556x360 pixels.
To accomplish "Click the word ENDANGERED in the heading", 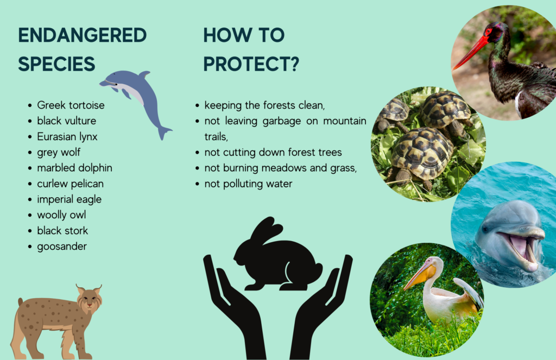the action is pos(83,35).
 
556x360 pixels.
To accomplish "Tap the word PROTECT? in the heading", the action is pos(251,64).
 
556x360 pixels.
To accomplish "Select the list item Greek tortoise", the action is pos(71,105).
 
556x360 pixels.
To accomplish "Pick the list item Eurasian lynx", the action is pos(67,136).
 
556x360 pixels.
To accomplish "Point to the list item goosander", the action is pos(62,247).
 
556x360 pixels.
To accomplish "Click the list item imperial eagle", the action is pos(69,199).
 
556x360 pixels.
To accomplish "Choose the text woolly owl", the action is pos(62,215).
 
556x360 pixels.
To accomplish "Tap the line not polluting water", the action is pos(249,184).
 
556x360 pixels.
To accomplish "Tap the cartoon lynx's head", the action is pos(90,300).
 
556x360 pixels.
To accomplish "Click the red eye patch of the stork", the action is pos(489,32).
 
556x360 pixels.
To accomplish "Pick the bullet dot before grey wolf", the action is pos(30,153).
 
